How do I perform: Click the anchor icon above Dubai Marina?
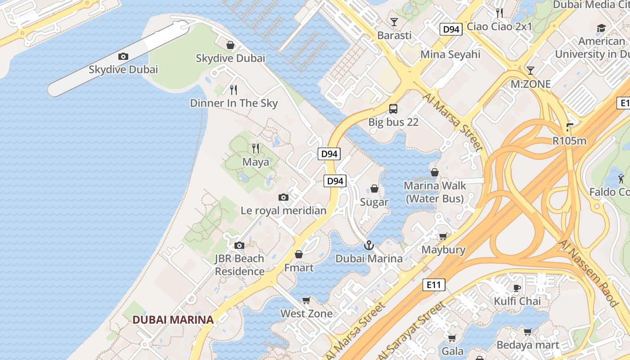click(369, 245)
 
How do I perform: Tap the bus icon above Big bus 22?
click(393, 108)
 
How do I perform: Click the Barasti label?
click(394, 35)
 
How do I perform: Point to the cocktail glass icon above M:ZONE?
click(531, 70)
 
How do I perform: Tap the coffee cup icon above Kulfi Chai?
click(517, 288)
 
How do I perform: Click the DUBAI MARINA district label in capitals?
click(173, 320)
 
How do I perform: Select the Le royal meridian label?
click(283, 210)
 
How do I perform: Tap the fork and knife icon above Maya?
click(256, 148)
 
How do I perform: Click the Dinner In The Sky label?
click(234, 103)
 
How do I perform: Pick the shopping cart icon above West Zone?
click(306, 300)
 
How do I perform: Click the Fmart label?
click(299, 268)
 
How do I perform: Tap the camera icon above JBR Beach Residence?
click(239, 245)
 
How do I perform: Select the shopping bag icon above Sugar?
click(374, 189)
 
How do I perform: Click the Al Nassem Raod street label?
click(588, 274)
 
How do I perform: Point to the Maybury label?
click(443, 250)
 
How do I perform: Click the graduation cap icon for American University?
click(601, 28)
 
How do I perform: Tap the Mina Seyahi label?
click(450, 54)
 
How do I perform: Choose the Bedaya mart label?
click(528, 345)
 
